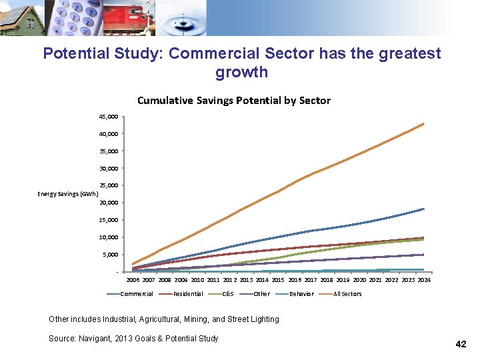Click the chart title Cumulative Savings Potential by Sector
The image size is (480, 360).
point(234,101)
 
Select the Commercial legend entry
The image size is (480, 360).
point(130,294)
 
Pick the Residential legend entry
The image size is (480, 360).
point(181,294)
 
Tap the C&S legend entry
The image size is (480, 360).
point(221,294)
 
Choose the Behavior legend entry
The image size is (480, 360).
point(295,294)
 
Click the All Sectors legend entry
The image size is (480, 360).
point(341,294)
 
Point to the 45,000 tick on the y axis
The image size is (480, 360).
point(109,117)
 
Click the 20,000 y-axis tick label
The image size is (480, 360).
point(109,203)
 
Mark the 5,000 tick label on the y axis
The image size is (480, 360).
point(111,255)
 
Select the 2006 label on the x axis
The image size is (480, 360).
point(133,280)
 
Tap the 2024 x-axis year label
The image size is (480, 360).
point(424,280)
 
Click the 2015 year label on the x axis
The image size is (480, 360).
point(278,280)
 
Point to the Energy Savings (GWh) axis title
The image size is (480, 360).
point(67,194)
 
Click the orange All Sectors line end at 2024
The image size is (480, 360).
point(423,124)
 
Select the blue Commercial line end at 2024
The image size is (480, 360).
point(423,209)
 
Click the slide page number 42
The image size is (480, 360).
point(461,344)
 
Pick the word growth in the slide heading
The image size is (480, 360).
point(241,72)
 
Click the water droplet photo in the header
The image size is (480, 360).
point(181,18)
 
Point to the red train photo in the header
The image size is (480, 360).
point(129,18)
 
